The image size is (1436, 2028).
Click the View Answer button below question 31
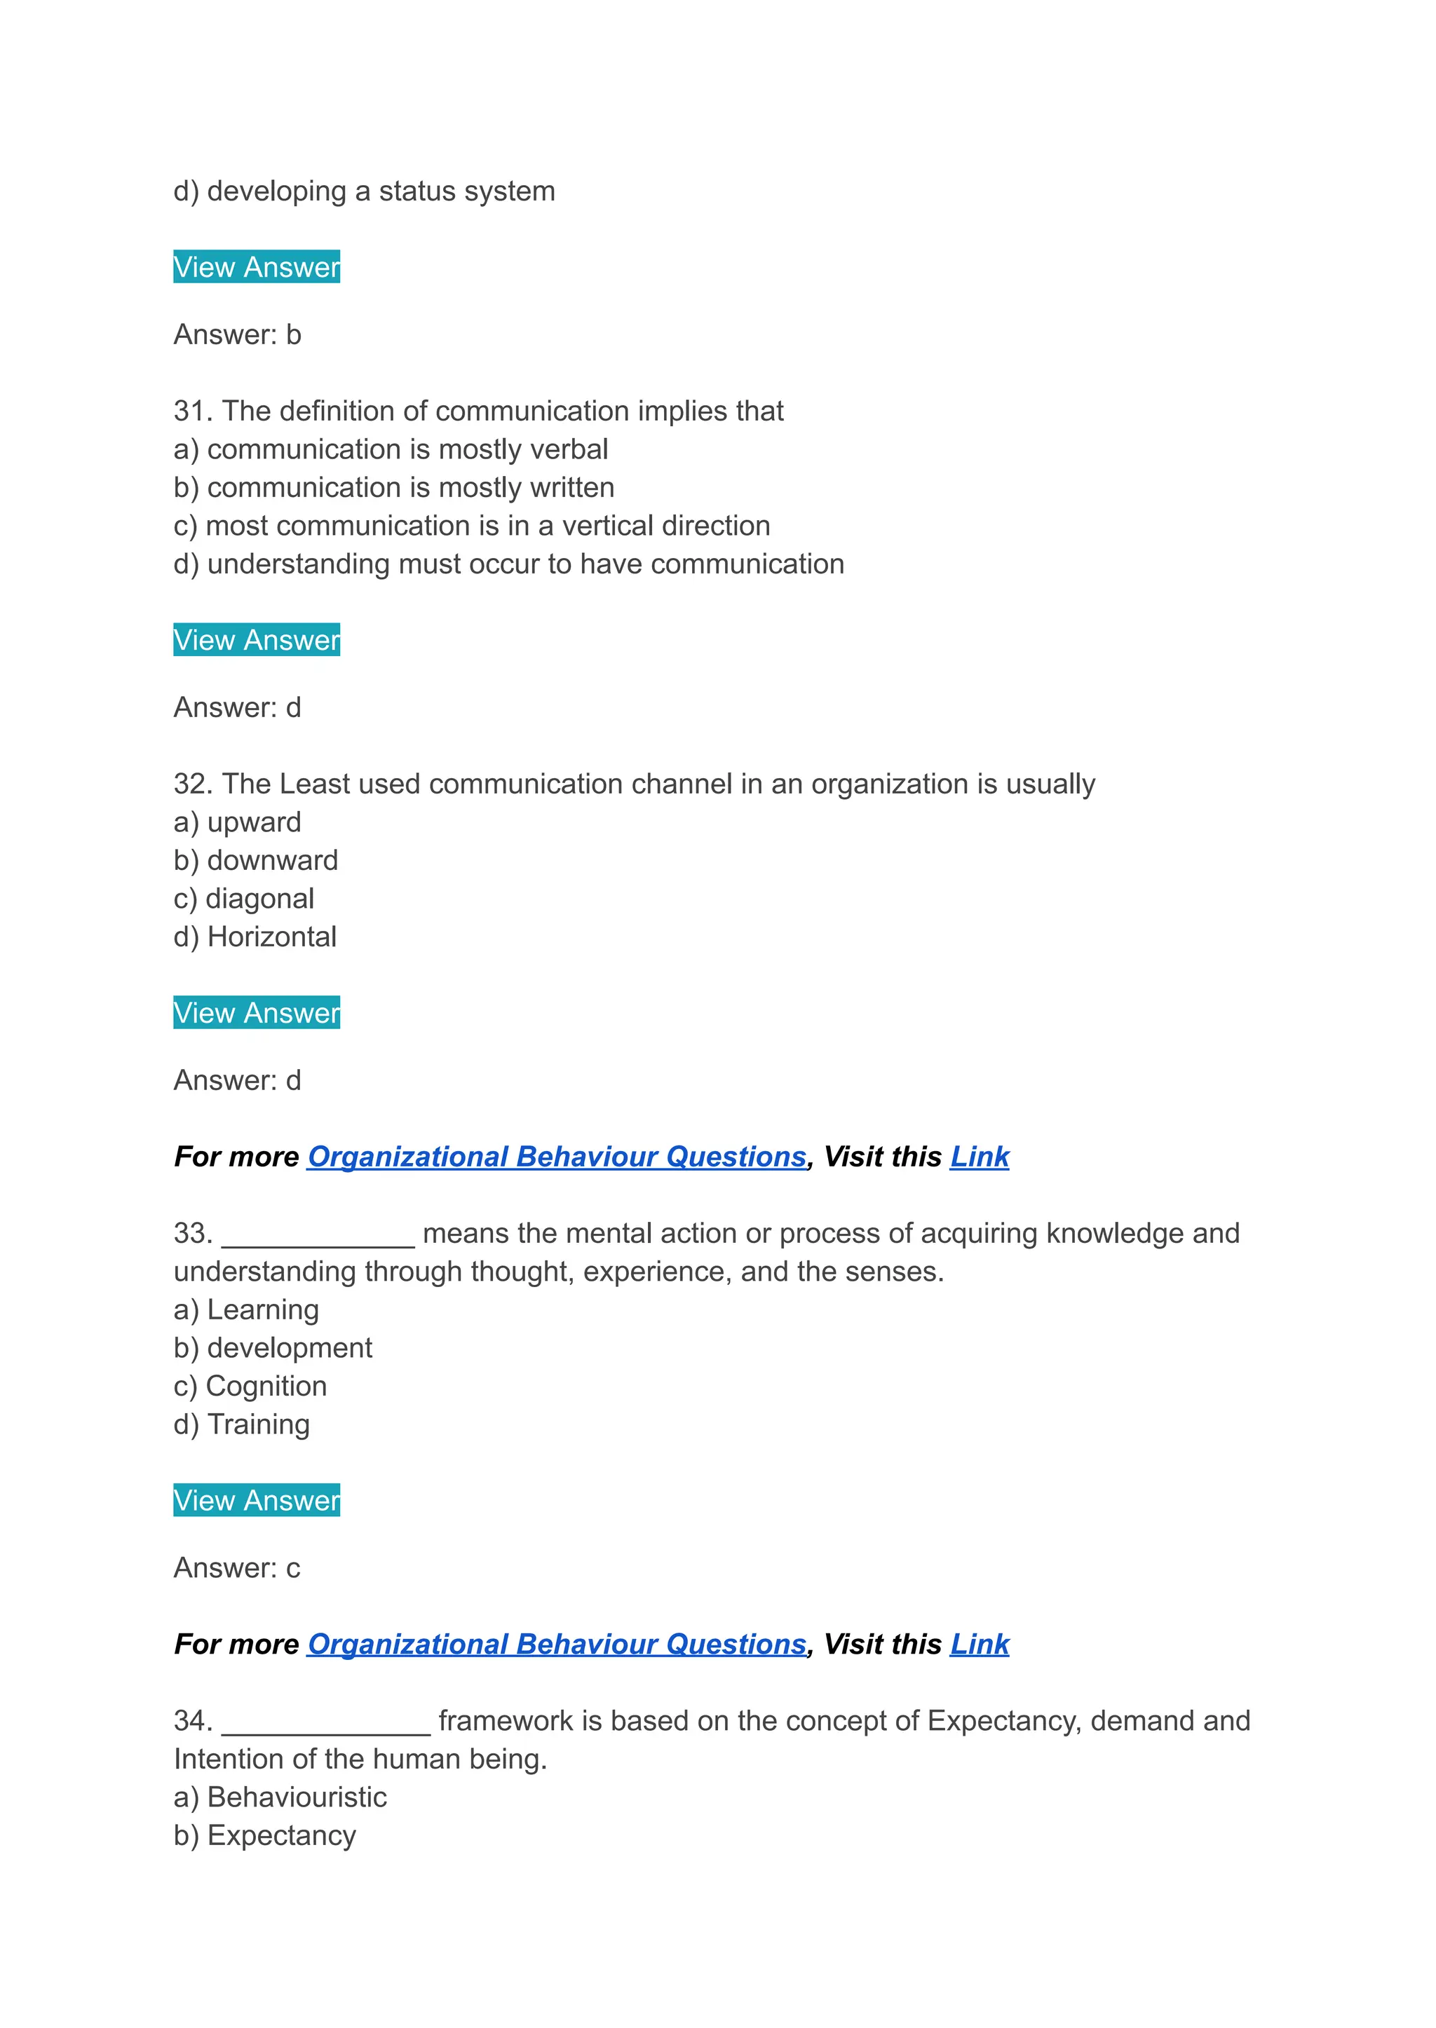tap(257, 639)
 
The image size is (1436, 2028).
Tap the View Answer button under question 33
tap(257, 1499)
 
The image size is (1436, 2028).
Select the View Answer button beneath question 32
tap(257, 1012)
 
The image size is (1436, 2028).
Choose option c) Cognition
tap(250, 1385)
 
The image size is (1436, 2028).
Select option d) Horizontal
tap(255, 937)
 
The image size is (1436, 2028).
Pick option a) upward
tap(237, 822)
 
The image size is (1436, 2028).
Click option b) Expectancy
tap(264, 1835)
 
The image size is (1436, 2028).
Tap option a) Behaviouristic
tap(280, 1797)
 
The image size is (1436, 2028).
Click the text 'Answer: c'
tap(237, 1567)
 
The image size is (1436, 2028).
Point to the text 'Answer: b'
tap(237, 334)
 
